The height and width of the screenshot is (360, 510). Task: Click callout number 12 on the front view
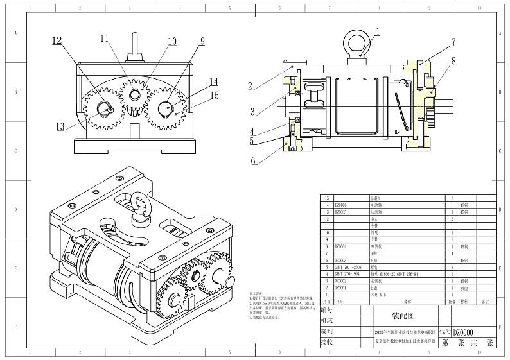point(57,40)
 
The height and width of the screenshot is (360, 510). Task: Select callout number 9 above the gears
point(202,42)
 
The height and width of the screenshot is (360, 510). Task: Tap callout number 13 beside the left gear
point(60,127)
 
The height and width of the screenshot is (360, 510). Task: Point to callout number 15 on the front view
point(215,96)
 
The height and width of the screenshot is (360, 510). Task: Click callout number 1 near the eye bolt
point(378,31)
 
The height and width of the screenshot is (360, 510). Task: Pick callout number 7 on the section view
point(453,42)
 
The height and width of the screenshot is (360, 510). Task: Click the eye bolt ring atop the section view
point(357,40)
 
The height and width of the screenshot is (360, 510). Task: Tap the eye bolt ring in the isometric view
point(139,207)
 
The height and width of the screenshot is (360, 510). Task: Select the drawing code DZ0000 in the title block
point(464,332)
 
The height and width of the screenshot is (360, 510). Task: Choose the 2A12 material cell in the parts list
point(465,287)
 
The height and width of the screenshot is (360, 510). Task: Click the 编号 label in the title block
point(327,309)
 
